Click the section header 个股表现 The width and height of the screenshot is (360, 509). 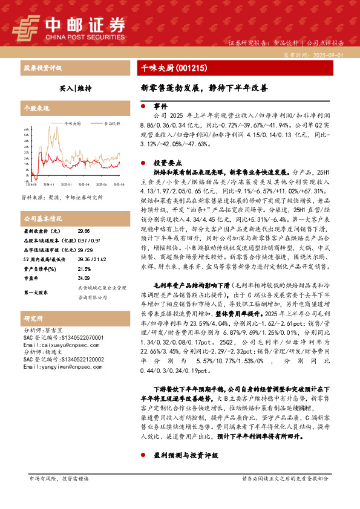[x=36, y=109]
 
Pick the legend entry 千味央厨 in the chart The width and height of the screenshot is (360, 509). [x=74, y=123]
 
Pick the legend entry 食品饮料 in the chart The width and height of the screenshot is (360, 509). [x=111, y=123]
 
